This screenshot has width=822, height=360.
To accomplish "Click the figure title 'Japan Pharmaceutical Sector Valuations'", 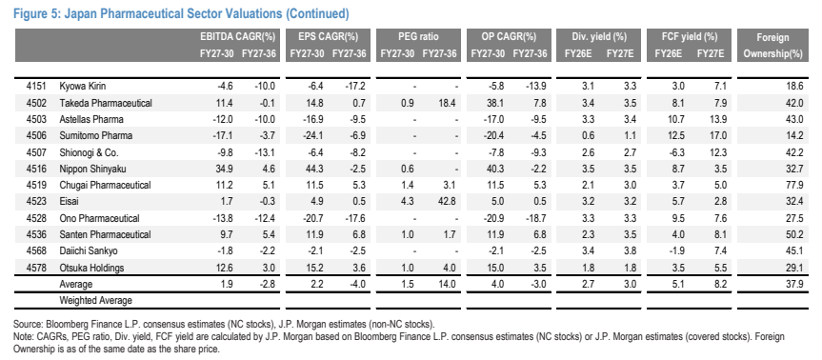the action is (173, 13).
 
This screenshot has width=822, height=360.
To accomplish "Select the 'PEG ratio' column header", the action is (418, 37).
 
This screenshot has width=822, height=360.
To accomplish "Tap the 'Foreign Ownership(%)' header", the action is (772, 46).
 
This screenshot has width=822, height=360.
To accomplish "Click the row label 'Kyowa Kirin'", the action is (83, 87).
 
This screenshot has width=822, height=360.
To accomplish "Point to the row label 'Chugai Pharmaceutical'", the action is (105, 185).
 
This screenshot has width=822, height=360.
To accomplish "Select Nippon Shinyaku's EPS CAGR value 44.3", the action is (315, 169).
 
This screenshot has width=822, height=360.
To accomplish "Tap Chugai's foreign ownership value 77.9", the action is (794, 185).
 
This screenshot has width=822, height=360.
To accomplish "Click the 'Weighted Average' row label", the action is (95, 301).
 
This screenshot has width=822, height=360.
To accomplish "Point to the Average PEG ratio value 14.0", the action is (449, 284).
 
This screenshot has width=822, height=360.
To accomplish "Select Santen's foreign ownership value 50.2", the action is (794, 234).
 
